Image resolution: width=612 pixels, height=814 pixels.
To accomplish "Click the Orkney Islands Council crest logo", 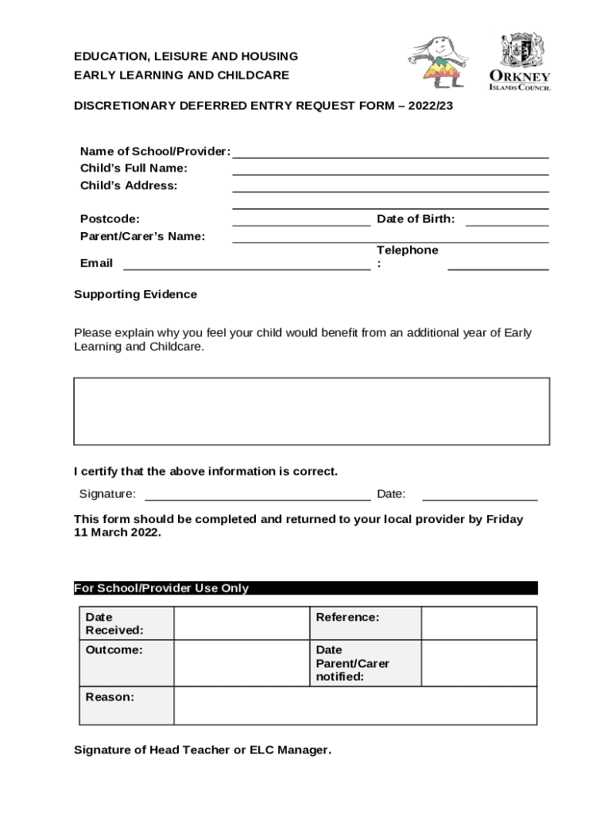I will [x=525, y=60].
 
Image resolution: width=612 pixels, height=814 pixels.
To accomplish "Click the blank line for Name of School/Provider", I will [x=389, y=153].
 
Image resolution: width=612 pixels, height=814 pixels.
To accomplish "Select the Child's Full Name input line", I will [x=389, y=170].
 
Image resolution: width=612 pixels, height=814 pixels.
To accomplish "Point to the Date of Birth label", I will [x=416, y=219].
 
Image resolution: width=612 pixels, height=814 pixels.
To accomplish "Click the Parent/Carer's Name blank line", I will [x=389, y=238].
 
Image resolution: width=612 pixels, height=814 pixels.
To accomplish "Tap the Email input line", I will [x=246, y=266].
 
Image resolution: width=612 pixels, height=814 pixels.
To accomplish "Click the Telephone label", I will [x=407, y=250].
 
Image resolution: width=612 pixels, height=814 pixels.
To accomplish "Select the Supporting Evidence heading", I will [x=135, y=294].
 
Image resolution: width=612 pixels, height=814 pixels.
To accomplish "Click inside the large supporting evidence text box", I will [x=311, y=411].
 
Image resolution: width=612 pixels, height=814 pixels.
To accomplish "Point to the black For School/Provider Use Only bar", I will [x=305, y=588].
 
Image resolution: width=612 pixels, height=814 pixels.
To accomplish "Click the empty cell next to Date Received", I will [x=241, y=623].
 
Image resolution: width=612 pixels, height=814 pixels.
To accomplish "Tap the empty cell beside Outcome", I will [x=241, y=664].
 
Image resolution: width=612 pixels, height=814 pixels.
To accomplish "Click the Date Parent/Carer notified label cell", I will [x=364, y=663].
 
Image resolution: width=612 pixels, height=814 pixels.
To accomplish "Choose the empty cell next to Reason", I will [x=354, y=705].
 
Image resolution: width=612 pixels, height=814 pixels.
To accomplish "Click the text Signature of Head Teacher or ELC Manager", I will [x=203, y=750].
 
